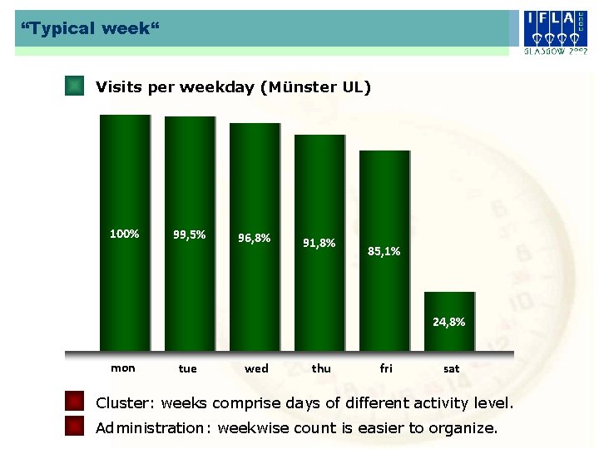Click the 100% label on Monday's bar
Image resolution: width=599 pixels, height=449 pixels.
pyautogui.click(x=125, y=234)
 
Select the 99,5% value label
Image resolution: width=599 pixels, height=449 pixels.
pyautogui.click(x=189, y=234)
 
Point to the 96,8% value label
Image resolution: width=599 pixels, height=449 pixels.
pyautogui.click(x=254, y=238)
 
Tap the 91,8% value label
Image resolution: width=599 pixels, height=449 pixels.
pyautogui.click(x=319, y=244)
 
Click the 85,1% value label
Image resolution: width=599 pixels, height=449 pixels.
pyautogui.click(x=384, y=251)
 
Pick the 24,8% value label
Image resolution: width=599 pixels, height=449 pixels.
pyautogui.click(x=448, y=322)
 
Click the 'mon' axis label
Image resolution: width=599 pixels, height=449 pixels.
pyautogui.click(x=123, y=368)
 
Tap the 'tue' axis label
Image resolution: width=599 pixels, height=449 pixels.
pyautogui.click(x=188, y=369)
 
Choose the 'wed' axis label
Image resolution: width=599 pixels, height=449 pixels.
pyautogui.click(x=256, y=368)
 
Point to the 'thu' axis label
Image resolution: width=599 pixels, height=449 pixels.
pyautogui.click(x=321, y=368)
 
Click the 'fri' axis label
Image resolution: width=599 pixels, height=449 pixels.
pyautogui.click(x=386, y=368)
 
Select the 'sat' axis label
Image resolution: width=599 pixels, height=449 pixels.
pyautogui.click(x=452, y=368)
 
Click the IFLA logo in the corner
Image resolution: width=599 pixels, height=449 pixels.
pyautogui.click(x=556, y=32)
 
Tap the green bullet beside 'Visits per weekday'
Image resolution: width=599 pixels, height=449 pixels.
pyautogui.click(x=75, y=86)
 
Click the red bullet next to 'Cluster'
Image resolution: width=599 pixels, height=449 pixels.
pyautogui.click(x=75, y=403)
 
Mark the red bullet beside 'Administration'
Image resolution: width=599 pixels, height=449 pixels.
pyautogui.click(x=75, y=427)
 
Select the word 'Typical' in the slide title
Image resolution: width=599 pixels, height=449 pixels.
pyautogui.click(x=59, y=29)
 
